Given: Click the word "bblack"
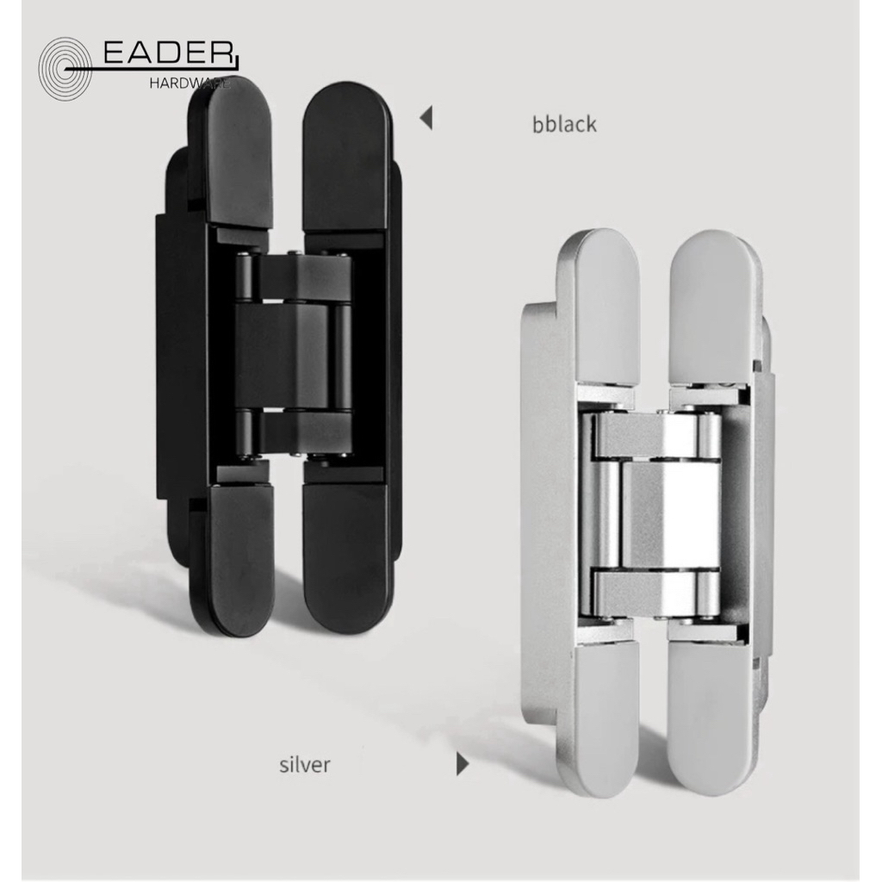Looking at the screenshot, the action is (x=564, y=124).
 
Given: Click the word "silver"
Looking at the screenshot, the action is (x=304, y=765).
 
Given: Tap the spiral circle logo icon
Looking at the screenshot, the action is (x=65, y=69).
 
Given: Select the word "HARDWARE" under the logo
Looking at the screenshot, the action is (x=189, y=84).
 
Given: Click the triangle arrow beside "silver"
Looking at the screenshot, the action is (x=463, y=764).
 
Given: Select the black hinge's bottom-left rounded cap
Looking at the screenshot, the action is (x=239, y=558).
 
